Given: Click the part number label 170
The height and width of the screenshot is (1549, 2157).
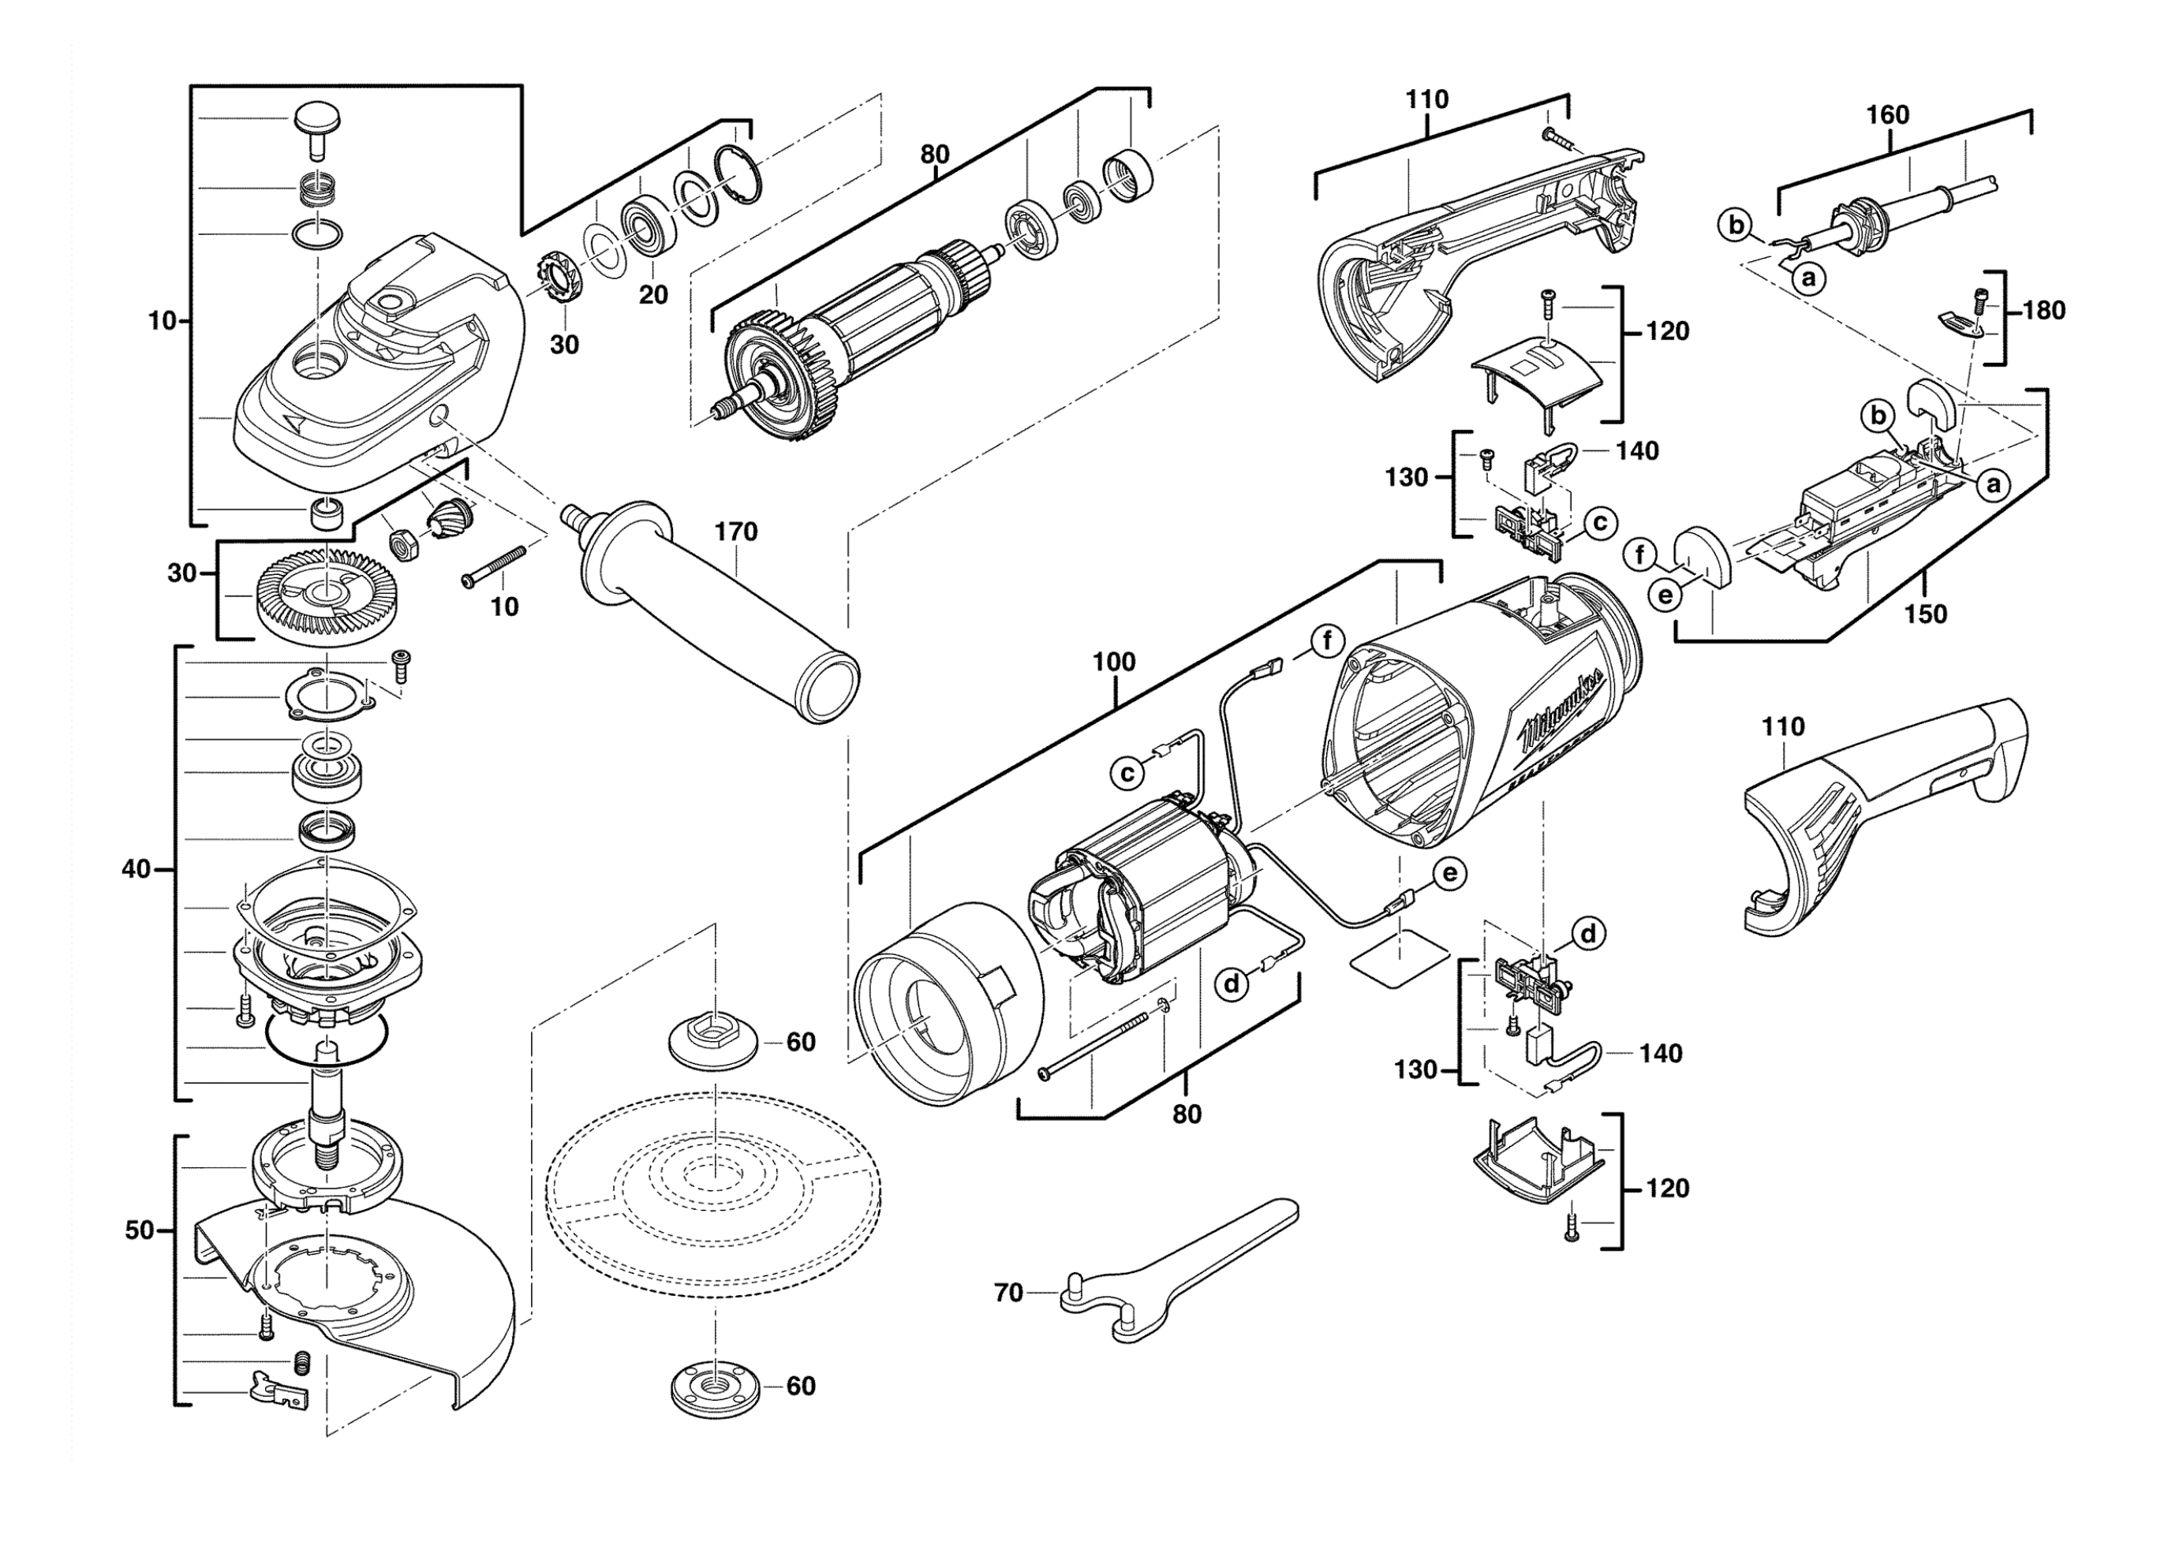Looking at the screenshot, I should click(736, 532).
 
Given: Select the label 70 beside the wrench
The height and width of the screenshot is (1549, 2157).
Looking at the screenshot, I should click(1008, 1293).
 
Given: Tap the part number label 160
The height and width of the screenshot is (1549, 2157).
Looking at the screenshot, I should click(1887, 115).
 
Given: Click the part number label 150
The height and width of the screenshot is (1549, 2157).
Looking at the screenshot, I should click(1925, 614).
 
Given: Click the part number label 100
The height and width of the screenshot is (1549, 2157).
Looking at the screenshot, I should click(1114, 662).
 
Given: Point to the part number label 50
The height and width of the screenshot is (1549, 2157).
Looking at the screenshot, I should click(139, 1230).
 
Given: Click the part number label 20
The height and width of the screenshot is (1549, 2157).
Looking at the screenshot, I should click(652, 295).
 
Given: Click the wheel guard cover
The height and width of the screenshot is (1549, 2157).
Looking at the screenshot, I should click(380, 1293).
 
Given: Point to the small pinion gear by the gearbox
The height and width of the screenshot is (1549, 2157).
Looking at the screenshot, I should click(445, 518).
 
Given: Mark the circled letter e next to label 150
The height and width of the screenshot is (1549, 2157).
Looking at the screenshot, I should click(1665, 595).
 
